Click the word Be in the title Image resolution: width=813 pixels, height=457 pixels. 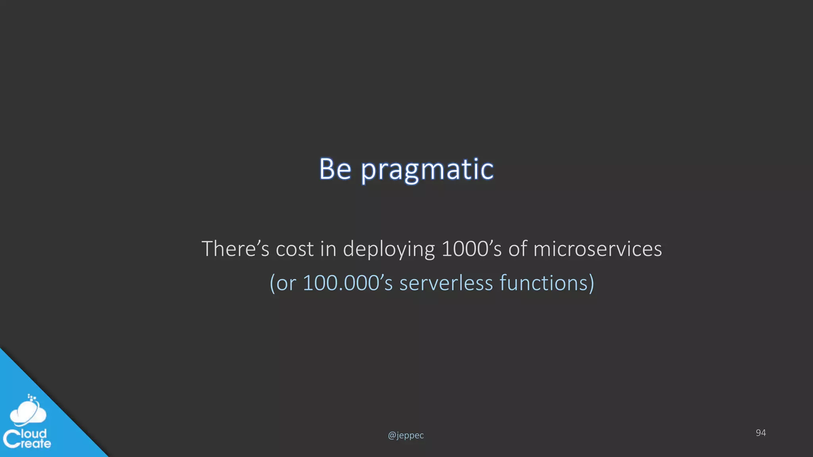coord(335,169)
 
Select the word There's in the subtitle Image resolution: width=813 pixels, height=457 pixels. coord(235,249)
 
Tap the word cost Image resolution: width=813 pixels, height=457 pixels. coord(295,249)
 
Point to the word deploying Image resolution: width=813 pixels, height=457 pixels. coord(389,250)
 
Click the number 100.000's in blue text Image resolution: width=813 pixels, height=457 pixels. coord(347,283)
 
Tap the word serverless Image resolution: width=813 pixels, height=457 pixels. coord(446,283)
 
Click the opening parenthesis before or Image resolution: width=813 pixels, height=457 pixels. coord(272,283)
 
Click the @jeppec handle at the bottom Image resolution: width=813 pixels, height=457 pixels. coord(406,436)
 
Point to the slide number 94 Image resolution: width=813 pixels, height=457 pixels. coord(761,433)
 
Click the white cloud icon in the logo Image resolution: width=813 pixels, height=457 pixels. coord(28,413)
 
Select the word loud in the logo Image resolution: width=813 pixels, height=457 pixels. coord(34,433)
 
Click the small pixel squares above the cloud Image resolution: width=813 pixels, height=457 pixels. coord(32,397)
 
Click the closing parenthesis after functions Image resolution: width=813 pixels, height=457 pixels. coord(591,283)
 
